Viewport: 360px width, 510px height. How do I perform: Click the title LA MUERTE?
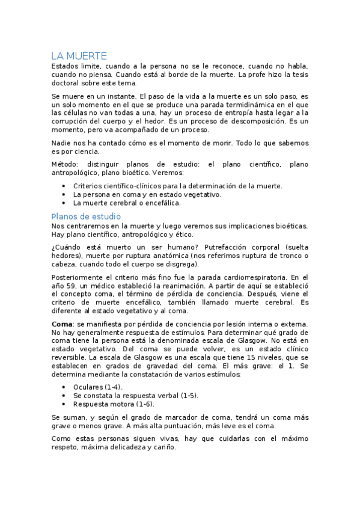79,55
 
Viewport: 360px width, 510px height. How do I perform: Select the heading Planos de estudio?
86,216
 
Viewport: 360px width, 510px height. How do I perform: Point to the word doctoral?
67,84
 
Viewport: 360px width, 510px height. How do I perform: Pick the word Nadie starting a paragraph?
62,143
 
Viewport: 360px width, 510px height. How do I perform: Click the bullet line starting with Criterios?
177,186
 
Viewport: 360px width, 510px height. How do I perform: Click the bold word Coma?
63,325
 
